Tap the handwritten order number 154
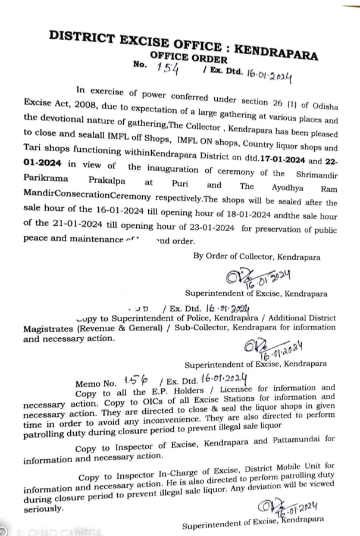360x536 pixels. tap(168, 69)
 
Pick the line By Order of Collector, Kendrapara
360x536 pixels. tap(257, 257)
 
